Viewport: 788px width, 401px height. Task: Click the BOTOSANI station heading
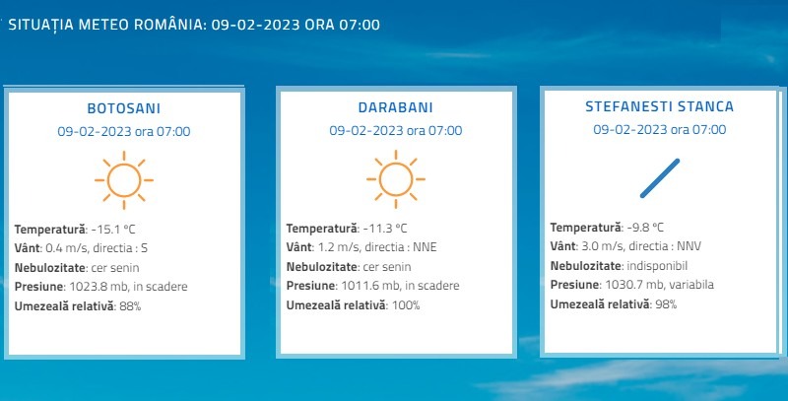pos(124,108)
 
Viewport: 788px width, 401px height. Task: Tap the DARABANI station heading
pos(396,107)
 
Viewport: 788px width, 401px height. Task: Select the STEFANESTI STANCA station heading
pos(659,106)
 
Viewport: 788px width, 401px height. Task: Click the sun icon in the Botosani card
pos(124,180)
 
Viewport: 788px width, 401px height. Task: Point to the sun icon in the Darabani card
pos(396,179)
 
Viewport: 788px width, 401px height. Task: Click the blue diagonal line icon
pos(660,178)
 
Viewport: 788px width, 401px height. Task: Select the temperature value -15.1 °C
pos(113,230)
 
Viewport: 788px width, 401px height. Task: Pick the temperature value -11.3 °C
pos(385,229)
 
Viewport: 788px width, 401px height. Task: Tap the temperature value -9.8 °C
pos(645,228)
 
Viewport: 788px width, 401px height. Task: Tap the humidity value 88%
pos(130,306)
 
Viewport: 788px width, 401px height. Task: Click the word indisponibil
pos(657,266)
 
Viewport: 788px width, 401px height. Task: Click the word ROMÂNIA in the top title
pos(169,24)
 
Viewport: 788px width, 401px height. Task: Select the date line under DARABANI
pos(396,131)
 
